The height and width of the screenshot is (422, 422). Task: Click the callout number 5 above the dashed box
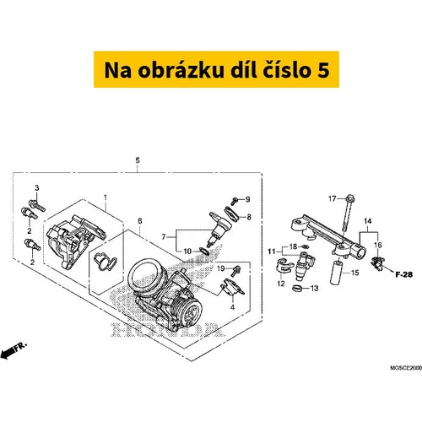tap(138, 160)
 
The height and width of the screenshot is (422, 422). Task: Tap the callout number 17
tap(333, 199)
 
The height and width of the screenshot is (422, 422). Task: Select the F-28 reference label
tap(404, 274)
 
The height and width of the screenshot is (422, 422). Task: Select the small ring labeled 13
tap(297, 288)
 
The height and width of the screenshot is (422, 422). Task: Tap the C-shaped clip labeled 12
tap(282, 266)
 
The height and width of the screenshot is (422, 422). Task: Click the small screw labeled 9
tap(235, 201)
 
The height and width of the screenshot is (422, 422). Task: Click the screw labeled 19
tap(236, 271)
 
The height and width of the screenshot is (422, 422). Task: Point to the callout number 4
tap(232, 307)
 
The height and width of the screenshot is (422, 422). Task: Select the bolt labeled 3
tap(37, 205)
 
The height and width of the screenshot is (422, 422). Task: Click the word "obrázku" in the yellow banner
tap(181, 70)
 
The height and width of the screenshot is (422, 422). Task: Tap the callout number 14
tap(367, 221)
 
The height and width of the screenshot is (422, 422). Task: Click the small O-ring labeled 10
tap(204, 251)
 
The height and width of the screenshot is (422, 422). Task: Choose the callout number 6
tap(140, 221)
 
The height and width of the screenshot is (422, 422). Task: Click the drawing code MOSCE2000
tap(406, 368)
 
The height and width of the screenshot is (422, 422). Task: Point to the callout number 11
tap(271, 252)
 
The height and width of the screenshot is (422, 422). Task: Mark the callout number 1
tap(105, 197)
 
